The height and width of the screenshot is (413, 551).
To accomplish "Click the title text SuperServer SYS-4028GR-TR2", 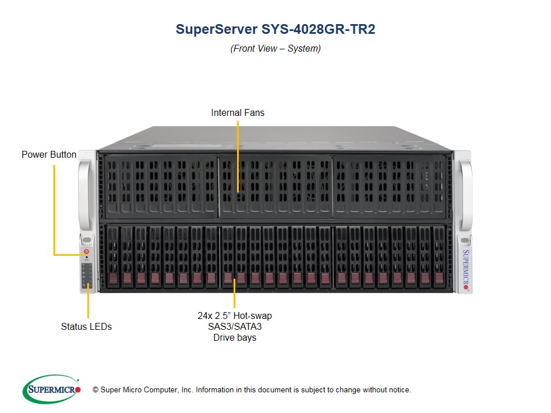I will coord(275,30).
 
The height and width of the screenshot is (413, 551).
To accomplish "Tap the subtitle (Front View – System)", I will coord(275,49).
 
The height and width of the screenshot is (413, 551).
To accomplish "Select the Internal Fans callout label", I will coord(238,112).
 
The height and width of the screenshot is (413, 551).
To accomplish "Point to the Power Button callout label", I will coord(49,154).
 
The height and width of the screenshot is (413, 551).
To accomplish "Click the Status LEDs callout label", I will coord(86,326).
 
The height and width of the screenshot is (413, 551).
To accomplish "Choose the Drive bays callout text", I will coord(234,326).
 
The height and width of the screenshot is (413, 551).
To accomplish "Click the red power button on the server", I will coord(87,251).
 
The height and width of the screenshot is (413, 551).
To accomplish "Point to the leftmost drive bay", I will coord(112,256).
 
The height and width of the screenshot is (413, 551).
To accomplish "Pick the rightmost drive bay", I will coord(439,256).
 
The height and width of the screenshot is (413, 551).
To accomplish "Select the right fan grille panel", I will coord(390,185).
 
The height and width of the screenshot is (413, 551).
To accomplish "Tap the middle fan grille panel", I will coord(275,185).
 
